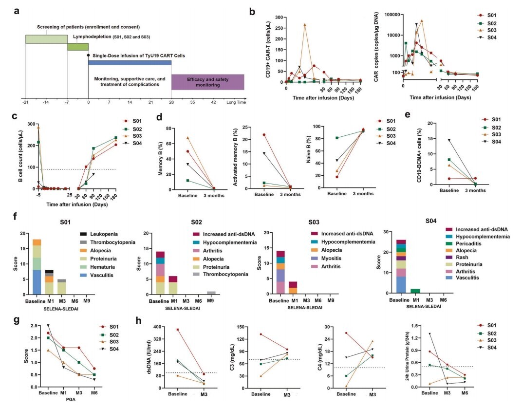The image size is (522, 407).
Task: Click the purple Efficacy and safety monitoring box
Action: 207,82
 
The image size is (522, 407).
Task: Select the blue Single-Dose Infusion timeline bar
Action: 130,62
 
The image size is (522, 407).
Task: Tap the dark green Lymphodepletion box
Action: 78,47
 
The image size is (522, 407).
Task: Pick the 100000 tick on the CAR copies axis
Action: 396,15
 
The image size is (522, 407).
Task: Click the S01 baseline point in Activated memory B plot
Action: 250,134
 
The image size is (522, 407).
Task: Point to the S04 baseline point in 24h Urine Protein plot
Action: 430,333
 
